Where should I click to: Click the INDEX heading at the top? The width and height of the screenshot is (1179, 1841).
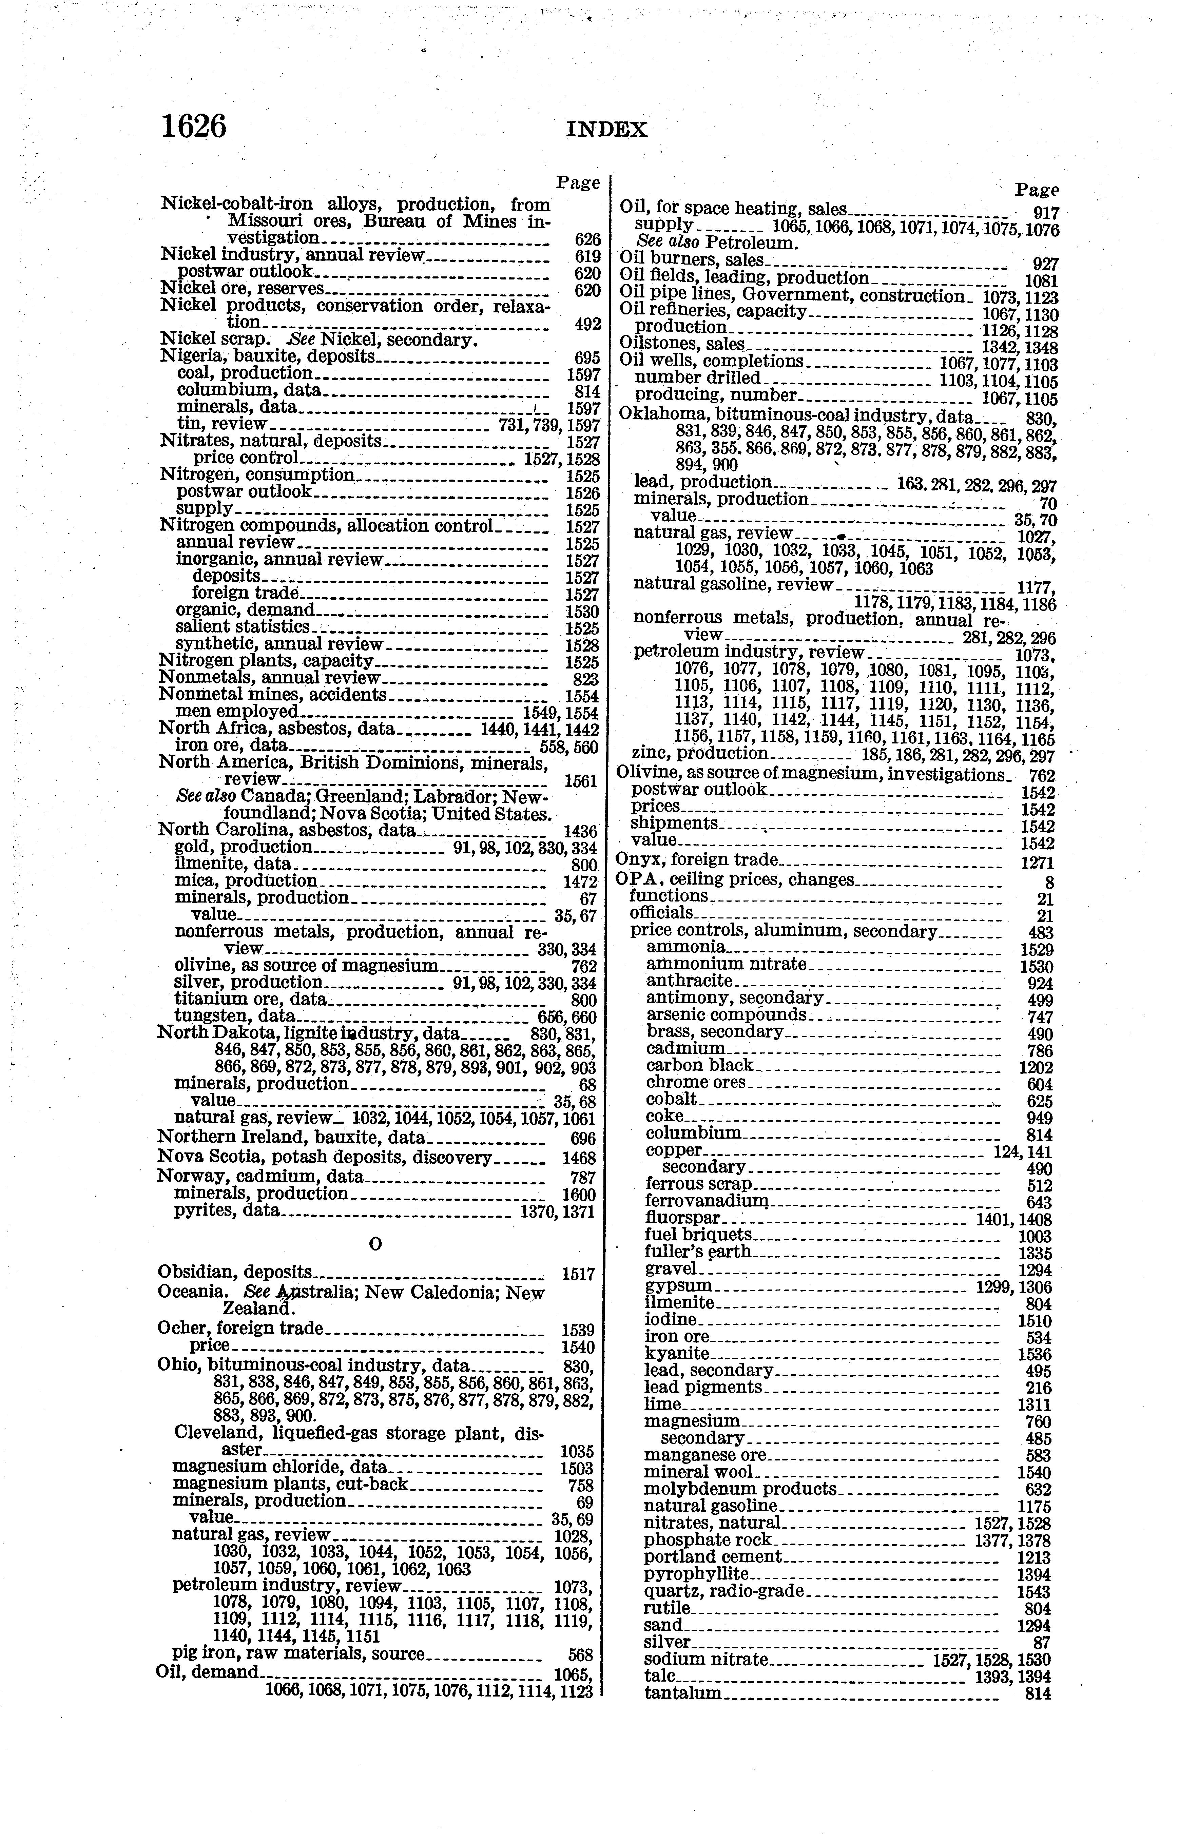(x=606, y=130)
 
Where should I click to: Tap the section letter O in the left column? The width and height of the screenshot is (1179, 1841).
(x=375, y=1245)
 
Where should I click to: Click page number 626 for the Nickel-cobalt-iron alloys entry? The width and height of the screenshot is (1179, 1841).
(x=587, y=239)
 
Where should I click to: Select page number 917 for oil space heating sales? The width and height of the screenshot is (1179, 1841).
(x=1046, y=214)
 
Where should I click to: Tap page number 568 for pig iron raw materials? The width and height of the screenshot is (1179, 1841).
(x=581, y=1655)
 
